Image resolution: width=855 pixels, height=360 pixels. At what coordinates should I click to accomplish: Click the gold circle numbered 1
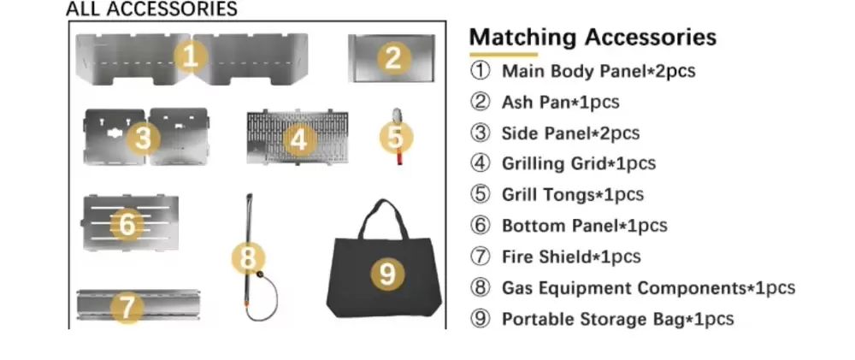click(191, 57)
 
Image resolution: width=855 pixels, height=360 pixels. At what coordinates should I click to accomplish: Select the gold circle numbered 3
click(144, 137)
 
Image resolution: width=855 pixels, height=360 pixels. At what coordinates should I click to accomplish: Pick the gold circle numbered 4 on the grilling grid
click(298, 139)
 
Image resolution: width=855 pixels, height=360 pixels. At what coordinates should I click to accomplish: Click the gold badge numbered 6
click(127, 225)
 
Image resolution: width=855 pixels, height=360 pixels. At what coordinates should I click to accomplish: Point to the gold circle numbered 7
click(127, 307)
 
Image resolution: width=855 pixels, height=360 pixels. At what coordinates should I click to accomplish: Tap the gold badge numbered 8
click(248, 257)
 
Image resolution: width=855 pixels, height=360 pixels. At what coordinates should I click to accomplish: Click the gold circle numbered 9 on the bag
click(387, 274)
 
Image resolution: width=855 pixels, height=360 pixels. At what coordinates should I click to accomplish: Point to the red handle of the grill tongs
click(398, 156)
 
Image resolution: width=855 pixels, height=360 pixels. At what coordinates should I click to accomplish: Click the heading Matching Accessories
click(593, 38)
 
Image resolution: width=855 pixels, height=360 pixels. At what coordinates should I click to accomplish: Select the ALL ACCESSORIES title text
click(151, 9)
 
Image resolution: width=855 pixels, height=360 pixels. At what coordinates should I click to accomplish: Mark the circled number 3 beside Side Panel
click(481, 133)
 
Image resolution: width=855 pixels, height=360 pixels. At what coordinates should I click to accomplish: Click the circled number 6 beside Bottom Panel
click(481, 226)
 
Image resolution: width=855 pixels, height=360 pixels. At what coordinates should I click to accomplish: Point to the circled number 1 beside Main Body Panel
click(481, 71)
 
